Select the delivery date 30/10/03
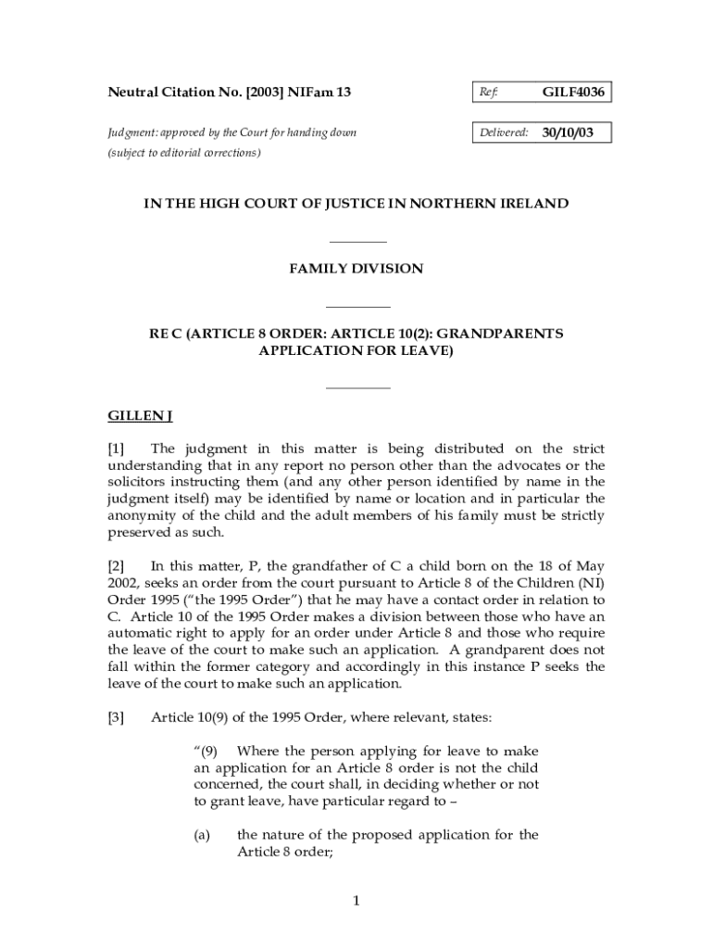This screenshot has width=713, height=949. pos(569,133)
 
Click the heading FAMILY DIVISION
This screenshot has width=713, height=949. pos(356,269)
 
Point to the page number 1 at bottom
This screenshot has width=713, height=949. pos(356,902)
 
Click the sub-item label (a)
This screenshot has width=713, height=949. pos(202,835)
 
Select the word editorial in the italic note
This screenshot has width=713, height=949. pos(194,153)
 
